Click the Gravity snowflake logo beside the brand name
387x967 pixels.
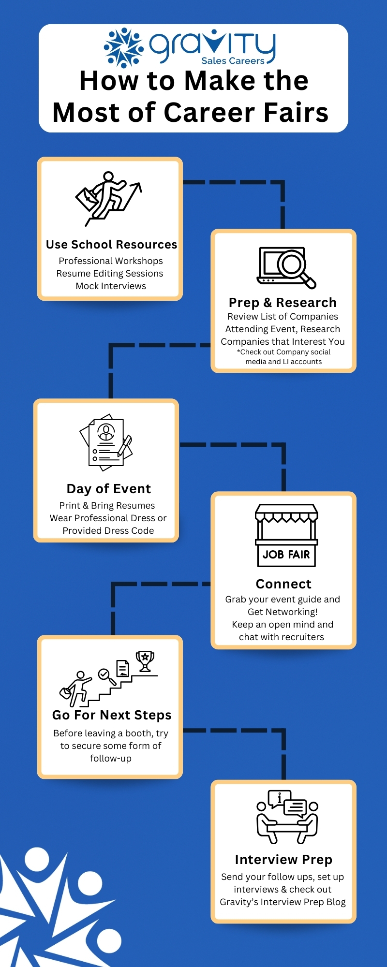pos(124,47)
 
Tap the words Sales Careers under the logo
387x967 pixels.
pos(233,61)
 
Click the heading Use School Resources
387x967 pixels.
pos(111,245)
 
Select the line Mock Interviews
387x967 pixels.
pos(111,286)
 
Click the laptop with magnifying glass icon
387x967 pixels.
pos(286,267)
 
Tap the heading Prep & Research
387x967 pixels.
pos(283,303)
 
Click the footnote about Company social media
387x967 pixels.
pos(283,357)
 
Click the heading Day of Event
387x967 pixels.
pos(109,489)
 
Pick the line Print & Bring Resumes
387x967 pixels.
pos(107,506)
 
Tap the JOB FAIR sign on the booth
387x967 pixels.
pos(286,555)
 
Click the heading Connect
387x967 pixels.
pos(283,584)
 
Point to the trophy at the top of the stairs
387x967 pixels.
pos(145,661)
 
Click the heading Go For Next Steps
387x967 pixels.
pos(112,715)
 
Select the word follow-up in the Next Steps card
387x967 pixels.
pos(111,759)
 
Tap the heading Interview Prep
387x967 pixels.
pos(283,860)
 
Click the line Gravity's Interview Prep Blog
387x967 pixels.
pos(283,902)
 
